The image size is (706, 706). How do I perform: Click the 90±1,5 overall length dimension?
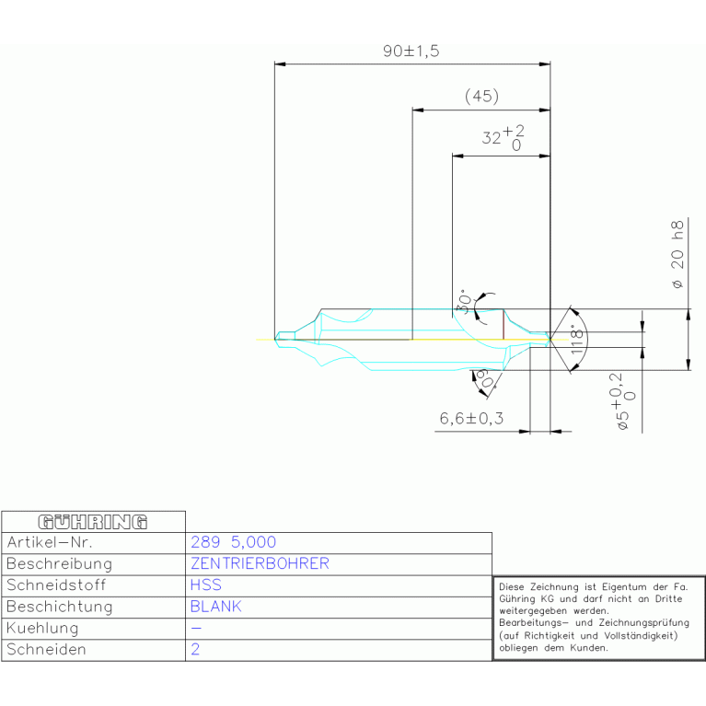(x=411, y=52)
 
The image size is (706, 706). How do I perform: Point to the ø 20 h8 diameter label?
(x=677, y=257)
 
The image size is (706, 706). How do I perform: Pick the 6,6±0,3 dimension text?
(x=471, y=419)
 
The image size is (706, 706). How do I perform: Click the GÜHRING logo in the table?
(x=92, y=522)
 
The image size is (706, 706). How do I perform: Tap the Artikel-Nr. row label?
(x=50, y=542)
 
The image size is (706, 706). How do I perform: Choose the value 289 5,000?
(x=233, y=542)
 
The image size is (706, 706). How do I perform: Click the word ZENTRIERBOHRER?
(x=260, y=563)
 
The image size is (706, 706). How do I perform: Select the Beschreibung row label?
(x=59, y=563)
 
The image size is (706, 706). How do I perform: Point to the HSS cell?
(x=205, y=584)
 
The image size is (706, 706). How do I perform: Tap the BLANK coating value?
(x=215, y=607)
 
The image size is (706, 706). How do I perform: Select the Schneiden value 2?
(x=195, y=649)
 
